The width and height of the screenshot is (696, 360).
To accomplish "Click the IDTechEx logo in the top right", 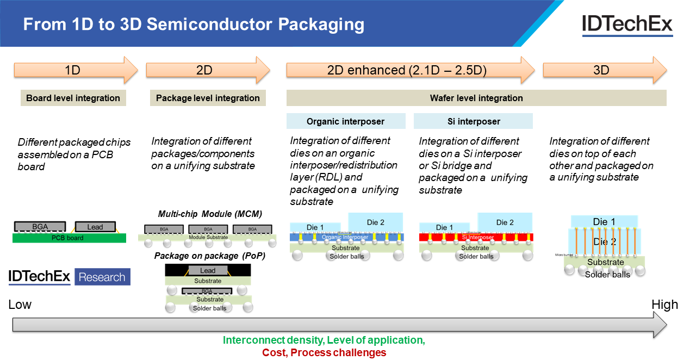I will pyautogui.click(x=627, y=24).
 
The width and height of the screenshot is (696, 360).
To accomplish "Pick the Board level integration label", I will pyautogui.click(x=73, y=98).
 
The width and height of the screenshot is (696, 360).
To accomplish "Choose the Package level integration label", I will pyautogui.click(x=208, y=98).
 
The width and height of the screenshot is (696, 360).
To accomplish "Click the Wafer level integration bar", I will pyautogui.click(x=476, y=98).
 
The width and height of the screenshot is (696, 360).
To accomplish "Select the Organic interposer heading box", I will pyautogui.click(x=346, y=121).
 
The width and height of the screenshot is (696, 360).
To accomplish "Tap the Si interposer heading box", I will pyautogui.click(x=473, y=121).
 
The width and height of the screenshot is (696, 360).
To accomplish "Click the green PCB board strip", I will pyautogui.click(x=69, y=238).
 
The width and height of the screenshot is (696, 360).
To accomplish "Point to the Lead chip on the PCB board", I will pyautogui.click(x=95, y=227).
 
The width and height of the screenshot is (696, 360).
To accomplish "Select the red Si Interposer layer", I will pyautogui.click(x=476, y=237).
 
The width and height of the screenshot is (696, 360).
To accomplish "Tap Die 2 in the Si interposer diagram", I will pyautogui.click(x=505, y=222).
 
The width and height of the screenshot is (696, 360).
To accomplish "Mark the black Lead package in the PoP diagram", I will pyautogui.click(x=208, y=270).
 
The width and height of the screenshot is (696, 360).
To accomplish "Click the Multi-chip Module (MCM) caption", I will pyautogui.click(x=210, y=214).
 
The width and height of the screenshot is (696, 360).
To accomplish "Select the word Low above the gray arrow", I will pyautogui.click(x=20, y=305).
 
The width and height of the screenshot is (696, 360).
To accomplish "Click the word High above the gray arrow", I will pyautogui.click(x=664, y=305).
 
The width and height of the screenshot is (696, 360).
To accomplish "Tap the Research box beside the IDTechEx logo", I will pyautogui.click(x=102, y=277).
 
